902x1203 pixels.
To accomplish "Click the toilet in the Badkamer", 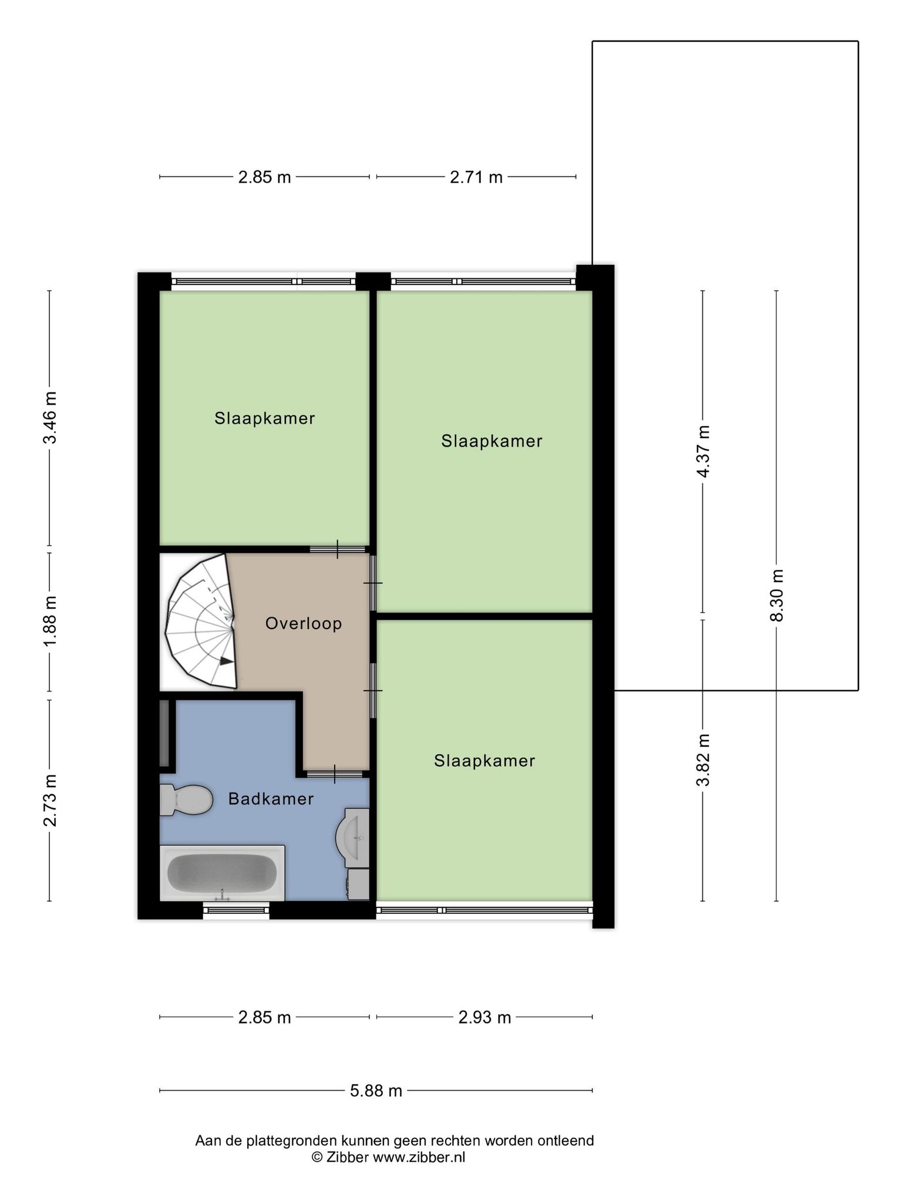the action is tap(186, 799).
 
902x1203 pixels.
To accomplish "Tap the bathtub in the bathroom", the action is tap(222, 873).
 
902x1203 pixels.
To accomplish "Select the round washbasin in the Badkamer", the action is tap(353, 837).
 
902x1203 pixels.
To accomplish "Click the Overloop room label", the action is tap(304, 623).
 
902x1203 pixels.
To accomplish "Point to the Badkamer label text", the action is tap(271, 799).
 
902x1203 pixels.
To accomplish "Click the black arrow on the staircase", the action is tap(227, 661).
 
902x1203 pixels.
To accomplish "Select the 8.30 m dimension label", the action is tap(777, 595).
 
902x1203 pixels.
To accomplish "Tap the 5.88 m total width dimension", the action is tap(376, 1091).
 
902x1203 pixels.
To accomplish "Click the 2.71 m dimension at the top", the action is tap(476, 177).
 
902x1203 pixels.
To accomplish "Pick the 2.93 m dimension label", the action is tap(484, 1017).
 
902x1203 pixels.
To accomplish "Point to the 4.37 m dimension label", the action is tap(703, 451).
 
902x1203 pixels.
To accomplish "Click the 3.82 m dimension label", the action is tap(703, 760).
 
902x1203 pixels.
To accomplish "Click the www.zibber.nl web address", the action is tap(419, 1157).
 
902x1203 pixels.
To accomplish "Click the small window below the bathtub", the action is tap(236, 910).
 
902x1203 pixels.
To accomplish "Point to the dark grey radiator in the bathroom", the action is tap(164, 732).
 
